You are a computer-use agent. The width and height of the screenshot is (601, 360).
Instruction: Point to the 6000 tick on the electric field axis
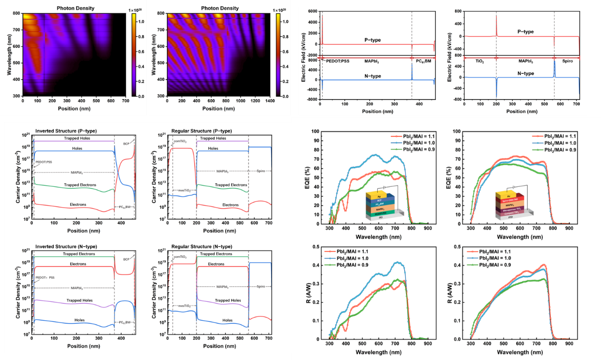pyautogui.click(x=312, y=11)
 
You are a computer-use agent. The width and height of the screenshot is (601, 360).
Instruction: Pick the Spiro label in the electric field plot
pyautogui.click(x=567, y=61)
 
